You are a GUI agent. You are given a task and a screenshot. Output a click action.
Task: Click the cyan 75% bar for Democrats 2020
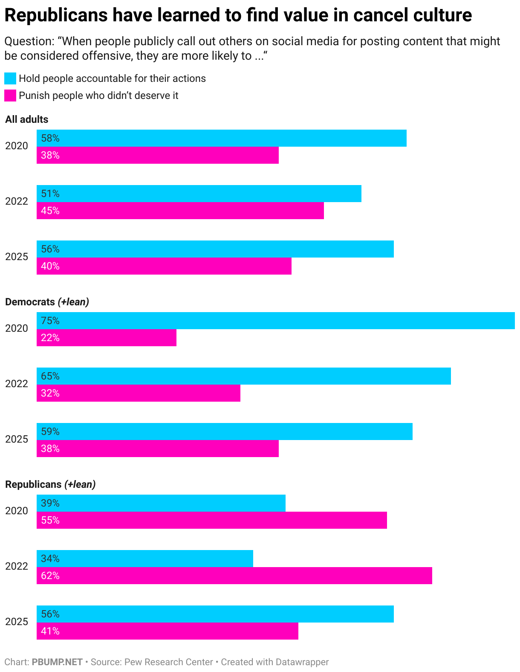(x=275, y=321)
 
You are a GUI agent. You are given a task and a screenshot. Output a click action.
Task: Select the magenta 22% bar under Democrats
(x=107, y=338)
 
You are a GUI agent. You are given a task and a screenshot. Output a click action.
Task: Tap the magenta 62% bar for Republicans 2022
(x=234, y=576)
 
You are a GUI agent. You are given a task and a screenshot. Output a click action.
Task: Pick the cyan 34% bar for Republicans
(x=145, y=559)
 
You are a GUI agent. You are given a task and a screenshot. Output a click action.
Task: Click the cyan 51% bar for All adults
(x=199, y=194)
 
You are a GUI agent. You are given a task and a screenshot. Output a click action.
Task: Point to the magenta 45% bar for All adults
(x=180, y=211)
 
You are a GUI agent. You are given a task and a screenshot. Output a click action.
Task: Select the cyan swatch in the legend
(x=10, y=78)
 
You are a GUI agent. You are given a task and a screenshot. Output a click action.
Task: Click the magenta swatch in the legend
(x=10, y=96)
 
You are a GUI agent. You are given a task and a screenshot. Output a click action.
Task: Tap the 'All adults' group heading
(x=27, y=119)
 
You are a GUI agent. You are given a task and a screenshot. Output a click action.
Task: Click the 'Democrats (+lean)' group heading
(x=47, y=302)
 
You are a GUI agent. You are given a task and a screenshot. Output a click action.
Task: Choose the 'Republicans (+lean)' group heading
(x=50, y=484)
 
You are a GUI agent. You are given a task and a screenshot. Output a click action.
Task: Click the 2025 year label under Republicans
(x=17, y=622)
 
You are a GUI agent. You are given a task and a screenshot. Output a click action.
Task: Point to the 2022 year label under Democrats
(x=17, y=384)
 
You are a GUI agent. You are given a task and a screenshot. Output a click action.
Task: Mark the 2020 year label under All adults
(x=17, y=146)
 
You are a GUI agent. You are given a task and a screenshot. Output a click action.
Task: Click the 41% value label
(x=50, y=631)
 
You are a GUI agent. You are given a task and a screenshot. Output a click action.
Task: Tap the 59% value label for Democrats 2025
(x=50, y=432)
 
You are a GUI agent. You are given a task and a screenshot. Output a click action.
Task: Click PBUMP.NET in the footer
(x=57, y=662)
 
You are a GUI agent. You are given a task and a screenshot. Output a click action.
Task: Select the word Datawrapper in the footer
(x=302, y=662)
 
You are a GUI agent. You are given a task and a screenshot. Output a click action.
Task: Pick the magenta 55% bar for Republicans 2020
(x=211, y=520)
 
